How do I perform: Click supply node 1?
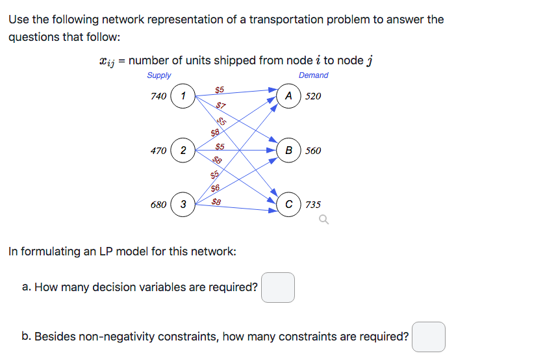pos(184,96)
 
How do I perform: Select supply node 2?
pos(183,151)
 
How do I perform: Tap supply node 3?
pos(183,205)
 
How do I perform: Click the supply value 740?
pos(158,96)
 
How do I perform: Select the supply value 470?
pos(158,151)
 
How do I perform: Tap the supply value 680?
pos(158,205)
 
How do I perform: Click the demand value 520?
pos(313,96)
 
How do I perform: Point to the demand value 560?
pos(313,151)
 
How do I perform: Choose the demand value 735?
pos(313,205)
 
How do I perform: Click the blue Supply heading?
pos(159,75)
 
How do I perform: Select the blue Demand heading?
pos(313,75)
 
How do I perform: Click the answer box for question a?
pos(278,287)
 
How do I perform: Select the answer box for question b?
pos(429,337)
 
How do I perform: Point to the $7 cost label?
pos(221,105)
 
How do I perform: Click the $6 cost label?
pos(216,188)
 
